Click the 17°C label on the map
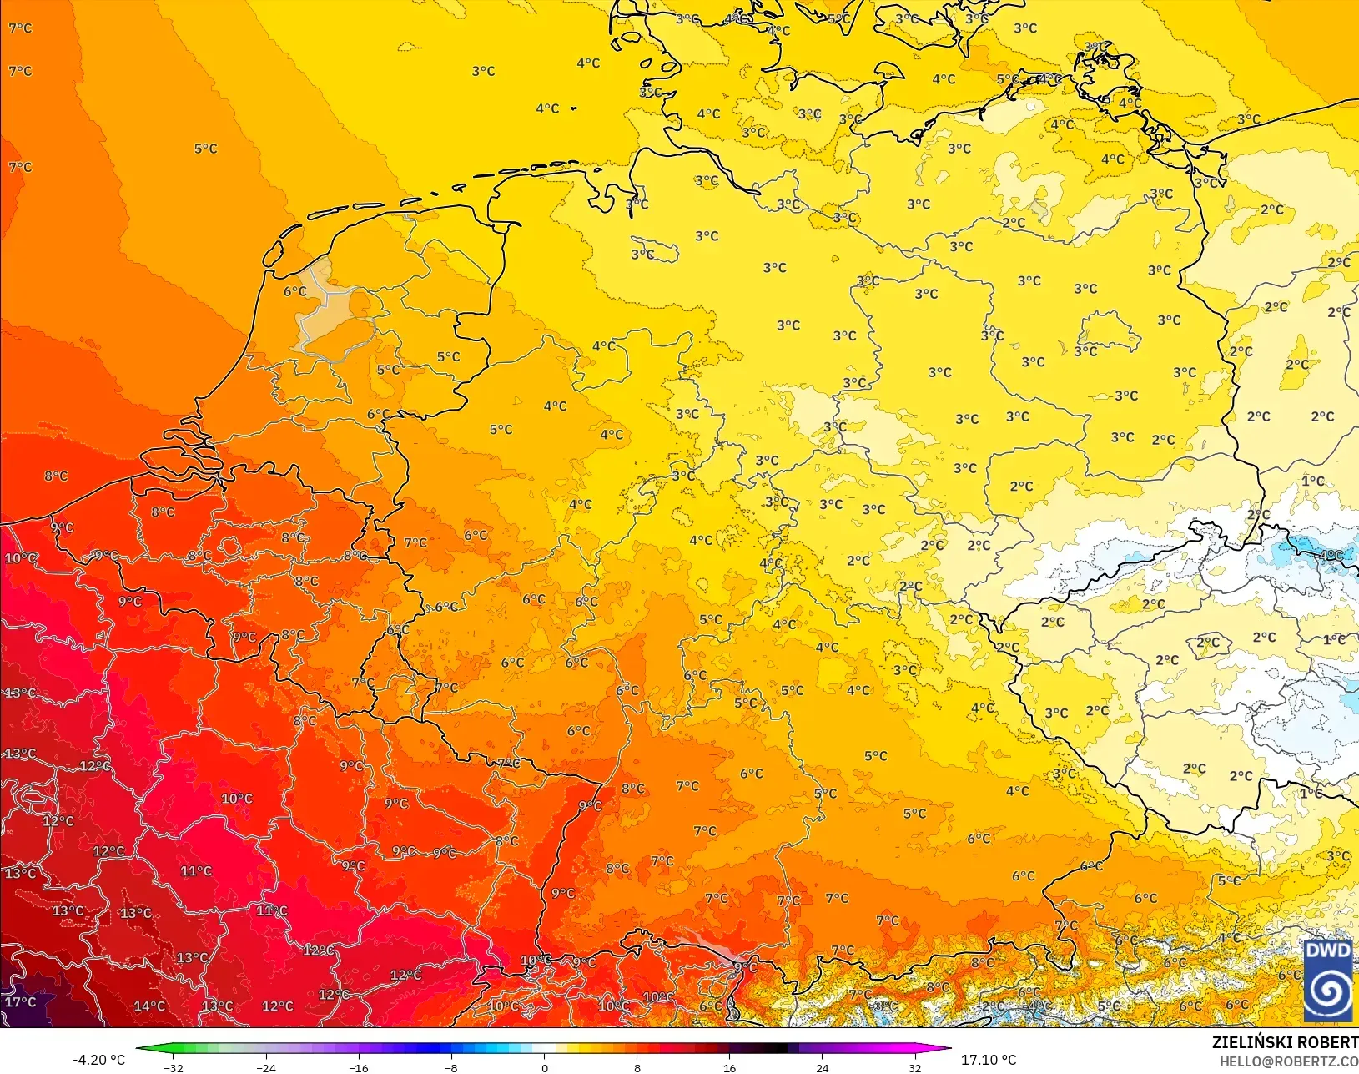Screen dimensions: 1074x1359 click(20, 1001)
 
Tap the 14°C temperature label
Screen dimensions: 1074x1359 click(149, 1006)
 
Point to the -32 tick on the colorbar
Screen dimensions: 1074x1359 click(174, 1067)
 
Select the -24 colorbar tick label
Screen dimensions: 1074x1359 click(265, 1067)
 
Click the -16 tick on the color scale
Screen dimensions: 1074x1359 click(358, 1067)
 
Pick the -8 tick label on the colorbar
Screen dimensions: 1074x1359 click(450, 1067)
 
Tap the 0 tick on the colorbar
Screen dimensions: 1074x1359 click(544, 1067)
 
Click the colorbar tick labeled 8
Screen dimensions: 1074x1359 click(637, 1067)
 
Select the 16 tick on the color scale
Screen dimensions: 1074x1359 click(729, 1067)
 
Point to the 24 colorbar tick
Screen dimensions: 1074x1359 click(822, 1067)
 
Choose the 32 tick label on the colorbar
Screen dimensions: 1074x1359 click(914, 1067)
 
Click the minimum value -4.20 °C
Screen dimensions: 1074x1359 click(98, 1060)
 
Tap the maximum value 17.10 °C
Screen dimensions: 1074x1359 click(989, 1060)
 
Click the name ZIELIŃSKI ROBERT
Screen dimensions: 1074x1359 click(1285, 1042)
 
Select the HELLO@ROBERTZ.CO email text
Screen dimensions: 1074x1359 click(1289, 1061)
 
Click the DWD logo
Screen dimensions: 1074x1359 click(1328, 980)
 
